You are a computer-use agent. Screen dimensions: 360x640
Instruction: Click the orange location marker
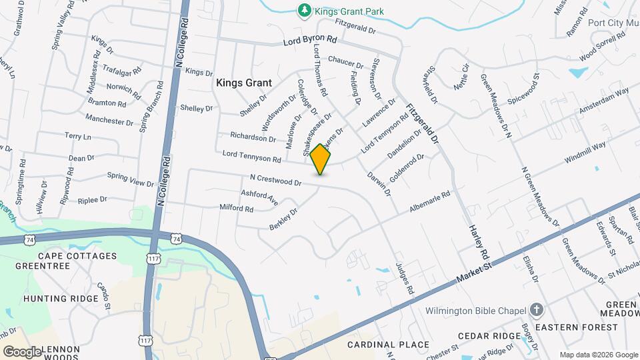click(321, 159)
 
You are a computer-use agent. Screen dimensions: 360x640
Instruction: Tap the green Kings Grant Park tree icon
click(304, 10)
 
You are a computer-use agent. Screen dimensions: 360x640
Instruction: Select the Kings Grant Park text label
click(350, 11)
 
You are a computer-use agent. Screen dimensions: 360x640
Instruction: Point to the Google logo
click(22, 352)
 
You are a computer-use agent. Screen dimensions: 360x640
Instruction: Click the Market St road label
click(474, 273)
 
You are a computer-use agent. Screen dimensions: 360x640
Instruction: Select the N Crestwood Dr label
click(275, 180)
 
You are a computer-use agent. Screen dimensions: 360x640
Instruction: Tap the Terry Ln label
click(77, 136)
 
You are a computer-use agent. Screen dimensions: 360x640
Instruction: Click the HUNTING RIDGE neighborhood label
click(60, 299)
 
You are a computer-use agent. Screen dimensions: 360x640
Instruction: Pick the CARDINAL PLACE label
click(388, 345)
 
